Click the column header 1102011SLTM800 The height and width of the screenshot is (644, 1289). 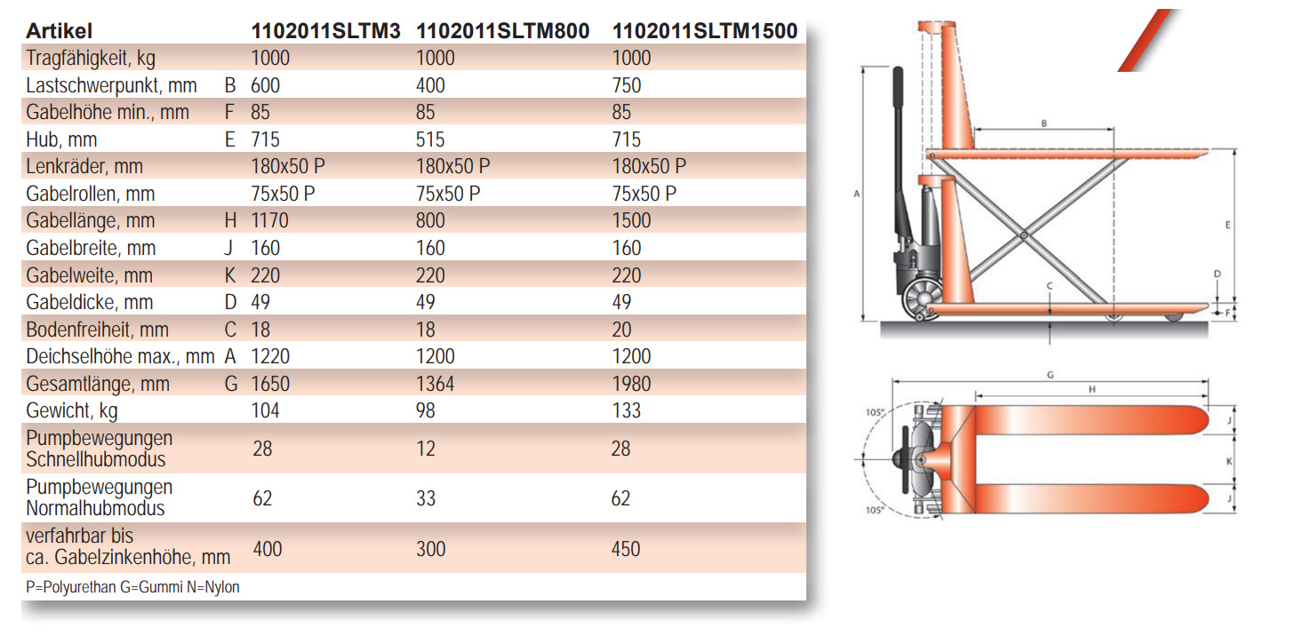[503, 31]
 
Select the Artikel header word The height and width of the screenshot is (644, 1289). [59, 31]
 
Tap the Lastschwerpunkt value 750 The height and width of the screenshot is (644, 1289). [626, 85]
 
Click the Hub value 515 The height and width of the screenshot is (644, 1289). [430, 139]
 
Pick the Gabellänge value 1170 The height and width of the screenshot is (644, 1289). [269, 221]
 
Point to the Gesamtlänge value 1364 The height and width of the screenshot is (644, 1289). [435, 384]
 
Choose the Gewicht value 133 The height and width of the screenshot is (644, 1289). [626, 410]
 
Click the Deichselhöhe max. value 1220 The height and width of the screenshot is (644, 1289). [270, 356]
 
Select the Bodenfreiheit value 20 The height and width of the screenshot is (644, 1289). [621, 330]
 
